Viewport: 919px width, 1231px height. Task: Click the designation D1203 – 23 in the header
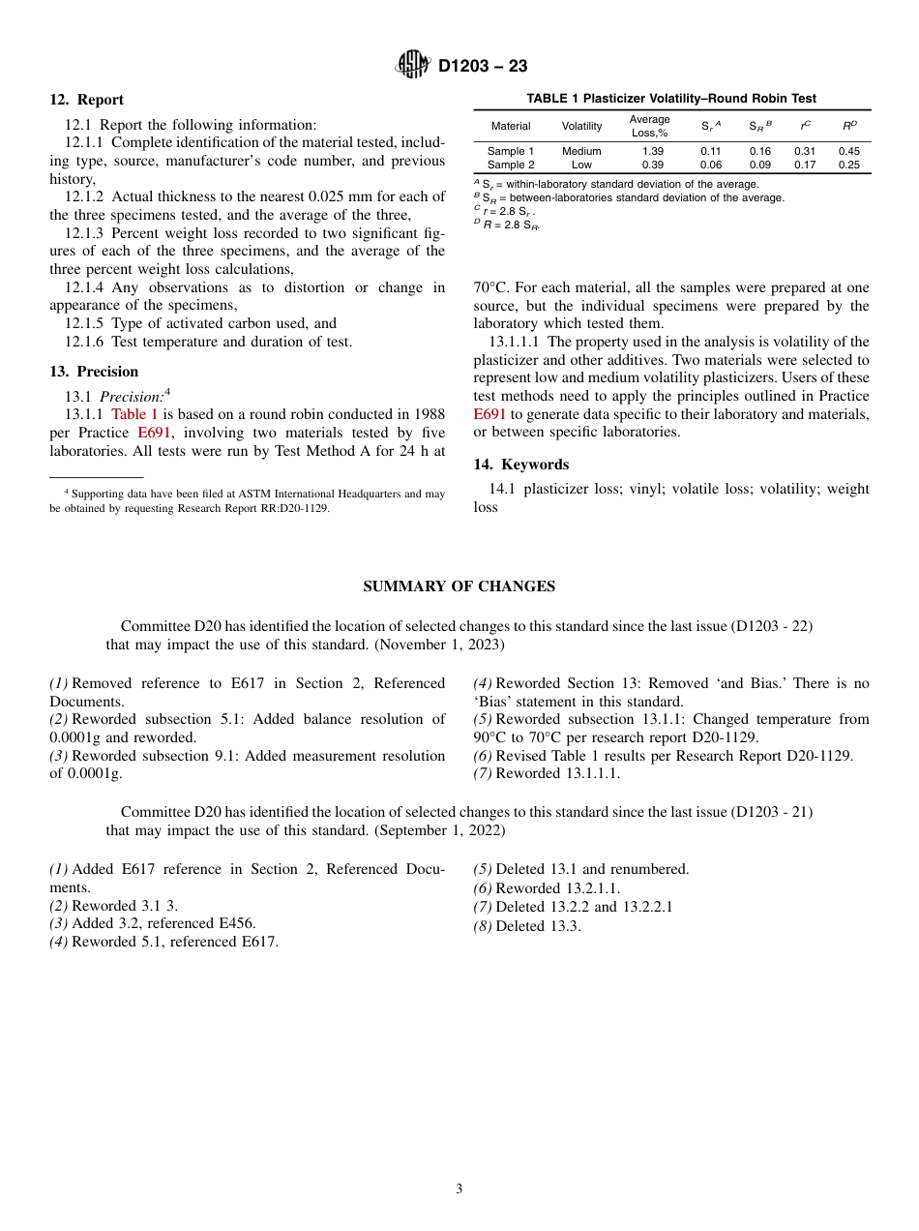click(x=483, y=67)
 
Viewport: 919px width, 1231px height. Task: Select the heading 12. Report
click(x=87, y=100)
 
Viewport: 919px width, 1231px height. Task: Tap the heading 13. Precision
click(x=94, y=372)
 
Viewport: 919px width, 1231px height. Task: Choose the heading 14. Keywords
click(x=521, y=465)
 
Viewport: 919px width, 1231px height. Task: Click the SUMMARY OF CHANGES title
click(x=459, y=586)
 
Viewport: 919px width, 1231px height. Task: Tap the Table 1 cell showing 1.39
click(x=653, y=151)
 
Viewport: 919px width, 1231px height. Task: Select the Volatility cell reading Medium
click(x=581, y=151)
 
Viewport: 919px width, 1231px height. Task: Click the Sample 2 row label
click(x=511, y=165)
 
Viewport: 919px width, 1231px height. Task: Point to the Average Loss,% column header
click(x=649, y=126)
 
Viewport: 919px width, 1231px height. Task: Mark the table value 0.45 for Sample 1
click(x=849, y=151)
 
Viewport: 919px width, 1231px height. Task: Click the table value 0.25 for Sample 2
click(x=849, y=165)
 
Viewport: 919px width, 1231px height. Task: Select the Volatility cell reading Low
click(x=581, y=165)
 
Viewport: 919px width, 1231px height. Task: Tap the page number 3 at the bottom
click(x=459, y=1188)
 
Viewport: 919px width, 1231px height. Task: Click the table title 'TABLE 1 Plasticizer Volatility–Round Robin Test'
click(x=671, y=99)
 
